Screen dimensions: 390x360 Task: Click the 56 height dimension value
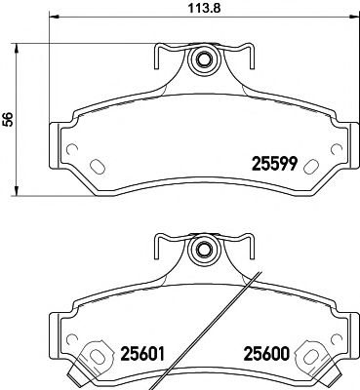[9, 119]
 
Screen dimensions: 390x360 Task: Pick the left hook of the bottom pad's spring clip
[157, 247]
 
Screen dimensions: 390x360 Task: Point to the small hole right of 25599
[336, 151]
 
